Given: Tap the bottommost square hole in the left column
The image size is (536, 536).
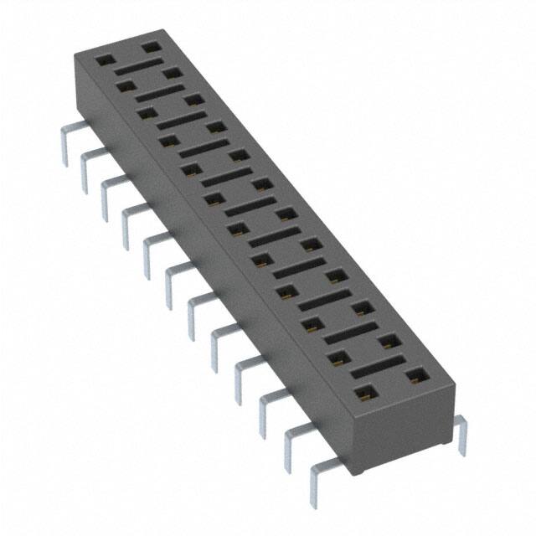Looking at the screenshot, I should tap(364, 391).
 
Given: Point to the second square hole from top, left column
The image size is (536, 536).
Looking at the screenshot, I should tap(126, 85).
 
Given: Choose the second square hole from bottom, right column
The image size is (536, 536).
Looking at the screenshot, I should tap(387, 341).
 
